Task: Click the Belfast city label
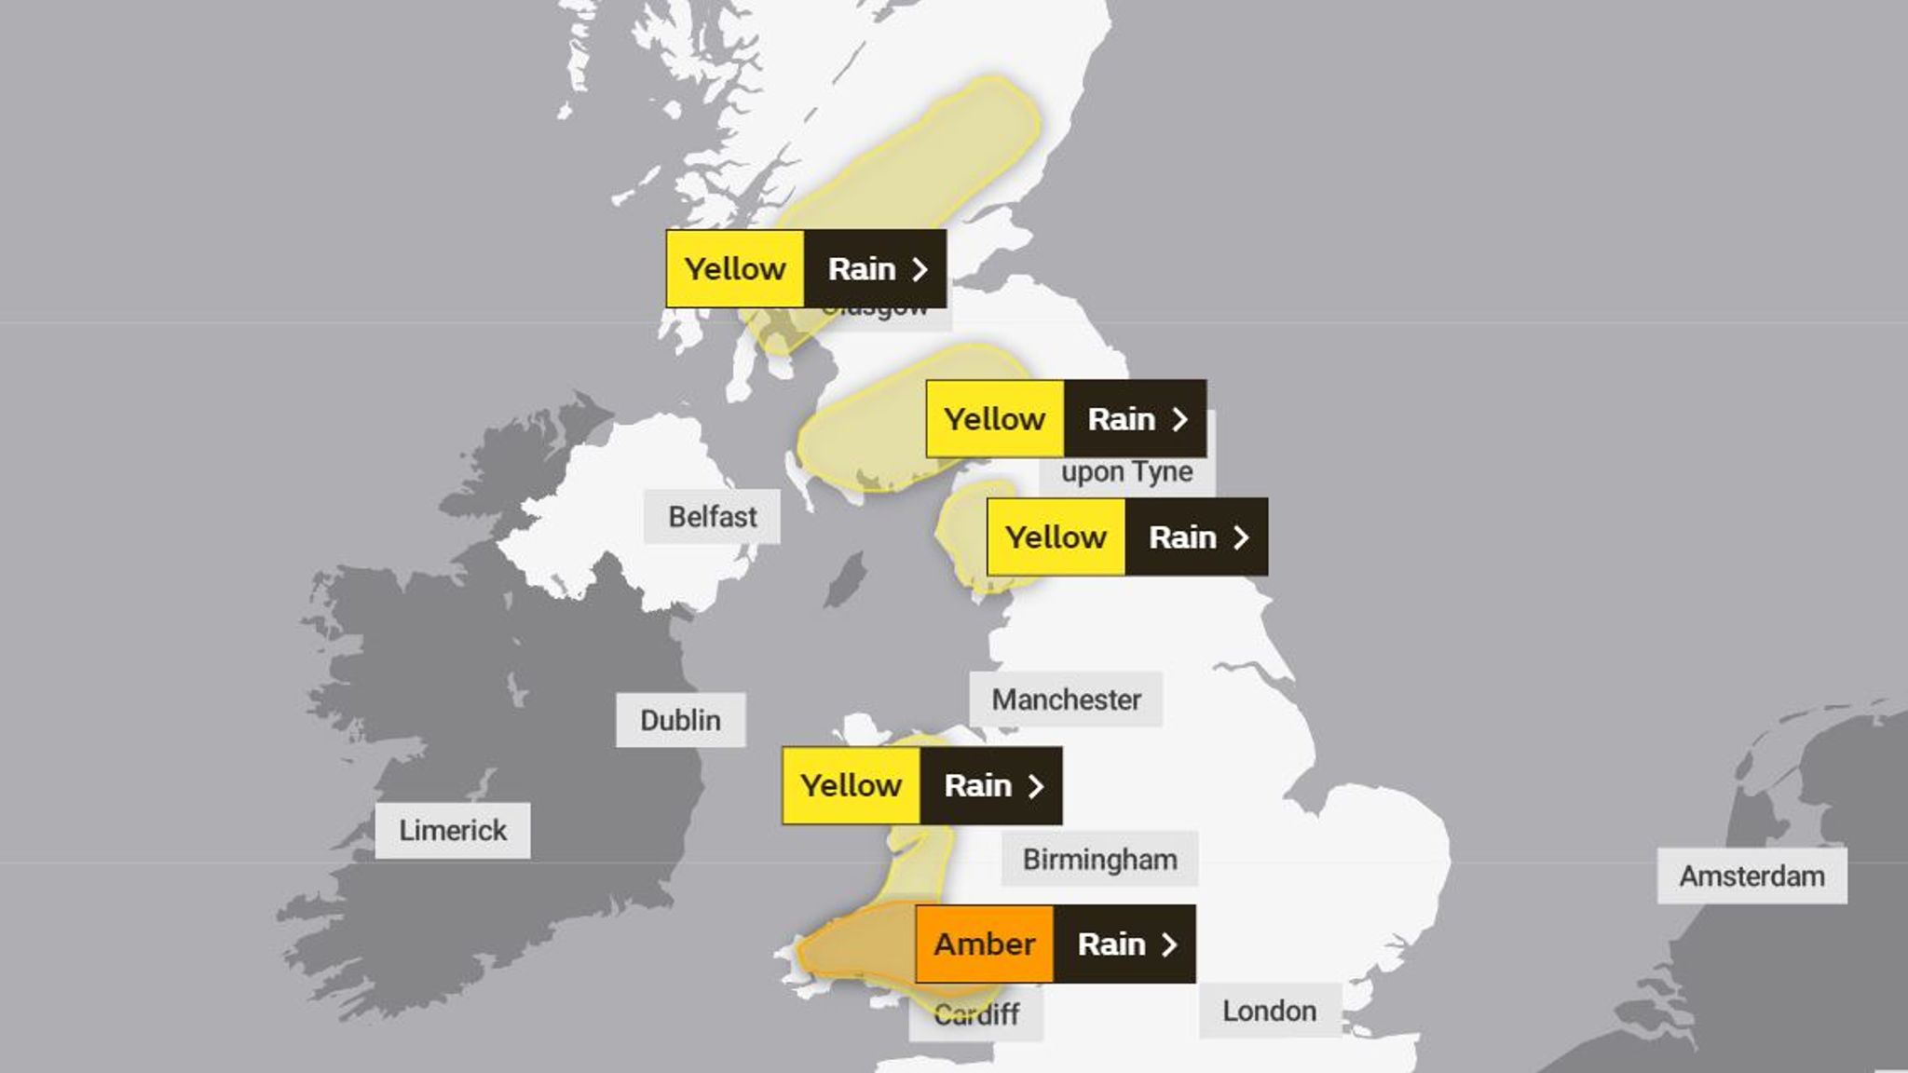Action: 712,517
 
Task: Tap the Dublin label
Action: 680,720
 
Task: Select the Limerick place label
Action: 453,830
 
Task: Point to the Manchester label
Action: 1066,699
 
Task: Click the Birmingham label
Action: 1099,859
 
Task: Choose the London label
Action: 1269,1011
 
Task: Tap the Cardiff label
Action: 976,1014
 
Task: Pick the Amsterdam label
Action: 1751,876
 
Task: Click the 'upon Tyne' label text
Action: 1126,472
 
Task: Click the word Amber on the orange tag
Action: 985,944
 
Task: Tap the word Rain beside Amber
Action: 1111,944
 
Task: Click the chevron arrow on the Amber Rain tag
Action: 1169,944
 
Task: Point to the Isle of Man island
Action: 847,579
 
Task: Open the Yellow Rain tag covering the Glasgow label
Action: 806,268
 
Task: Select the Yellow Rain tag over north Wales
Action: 921,785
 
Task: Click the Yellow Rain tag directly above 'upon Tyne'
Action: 1066,419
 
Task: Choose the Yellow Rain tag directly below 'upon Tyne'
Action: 1126,536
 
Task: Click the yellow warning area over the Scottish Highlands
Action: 932,158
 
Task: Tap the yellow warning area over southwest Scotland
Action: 866,438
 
